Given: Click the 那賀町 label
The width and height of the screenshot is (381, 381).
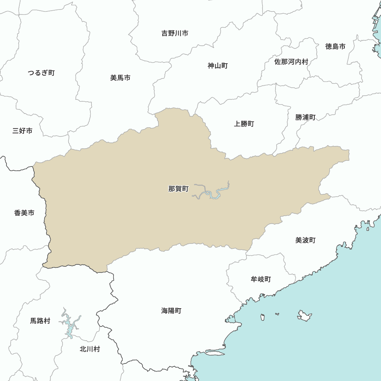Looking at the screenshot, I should (178, 189).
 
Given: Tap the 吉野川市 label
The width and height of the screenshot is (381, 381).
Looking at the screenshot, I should (175, 33).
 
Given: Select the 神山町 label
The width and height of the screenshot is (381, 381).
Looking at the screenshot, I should (218, 66).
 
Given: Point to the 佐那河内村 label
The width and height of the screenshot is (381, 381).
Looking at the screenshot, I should (291, 61).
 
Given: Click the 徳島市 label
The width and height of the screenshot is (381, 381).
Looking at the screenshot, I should (335, 46).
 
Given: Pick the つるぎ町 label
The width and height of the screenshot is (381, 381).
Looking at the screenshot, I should (41, 72).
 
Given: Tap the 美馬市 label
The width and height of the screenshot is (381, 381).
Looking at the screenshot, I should (120, 78).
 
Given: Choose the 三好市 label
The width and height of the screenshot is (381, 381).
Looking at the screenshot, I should (22, 131).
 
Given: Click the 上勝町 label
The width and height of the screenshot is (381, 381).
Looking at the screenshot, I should (244, 123).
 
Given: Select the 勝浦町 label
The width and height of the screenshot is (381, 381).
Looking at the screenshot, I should (305, 117).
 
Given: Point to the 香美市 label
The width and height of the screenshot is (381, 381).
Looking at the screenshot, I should (24, 213).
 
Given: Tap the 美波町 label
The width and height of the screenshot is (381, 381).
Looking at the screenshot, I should (305, 240).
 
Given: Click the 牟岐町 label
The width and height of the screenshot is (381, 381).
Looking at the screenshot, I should (261, 279).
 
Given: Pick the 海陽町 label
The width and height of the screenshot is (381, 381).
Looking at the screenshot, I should (171, 311).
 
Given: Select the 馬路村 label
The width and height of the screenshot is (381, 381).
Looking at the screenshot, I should (40, 321).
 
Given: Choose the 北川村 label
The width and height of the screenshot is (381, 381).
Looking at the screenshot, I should (90, 349).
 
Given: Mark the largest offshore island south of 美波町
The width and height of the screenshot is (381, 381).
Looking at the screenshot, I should (304, 315).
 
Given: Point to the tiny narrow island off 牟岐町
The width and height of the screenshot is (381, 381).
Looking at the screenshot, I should (263, 317).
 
